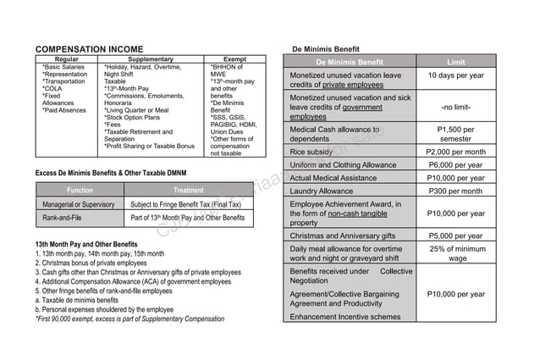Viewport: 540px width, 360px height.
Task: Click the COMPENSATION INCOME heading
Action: tap(89, 50)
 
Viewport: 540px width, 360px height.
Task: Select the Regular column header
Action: tap(67, 59)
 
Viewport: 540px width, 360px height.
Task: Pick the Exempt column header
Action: tap(234, 59)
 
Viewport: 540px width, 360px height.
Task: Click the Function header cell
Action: tap(80, 191)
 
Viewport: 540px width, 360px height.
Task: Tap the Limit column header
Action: tap(455, 62)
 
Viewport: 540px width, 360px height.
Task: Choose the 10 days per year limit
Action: tap(455, 76)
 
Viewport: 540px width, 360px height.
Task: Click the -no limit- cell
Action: tap(455, 108)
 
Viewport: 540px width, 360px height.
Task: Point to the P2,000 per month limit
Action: tap(455, 152)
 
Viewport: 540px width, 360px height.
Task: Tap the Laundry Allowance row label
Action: tap(322, 191)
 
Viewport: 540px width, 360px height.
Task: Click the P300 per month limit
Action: tap(455, 191)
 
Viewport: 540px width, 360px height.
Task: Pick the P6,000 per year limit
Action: tap(455, 165)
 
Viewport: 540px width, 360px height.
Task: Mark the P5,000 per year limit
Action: tap(455, 236)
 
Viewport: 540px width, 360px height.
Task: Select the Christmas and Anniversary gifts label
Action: tap(343, 236)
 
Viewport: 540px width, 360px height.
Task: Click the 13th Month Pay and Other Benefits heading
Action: tap(86, 245)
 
